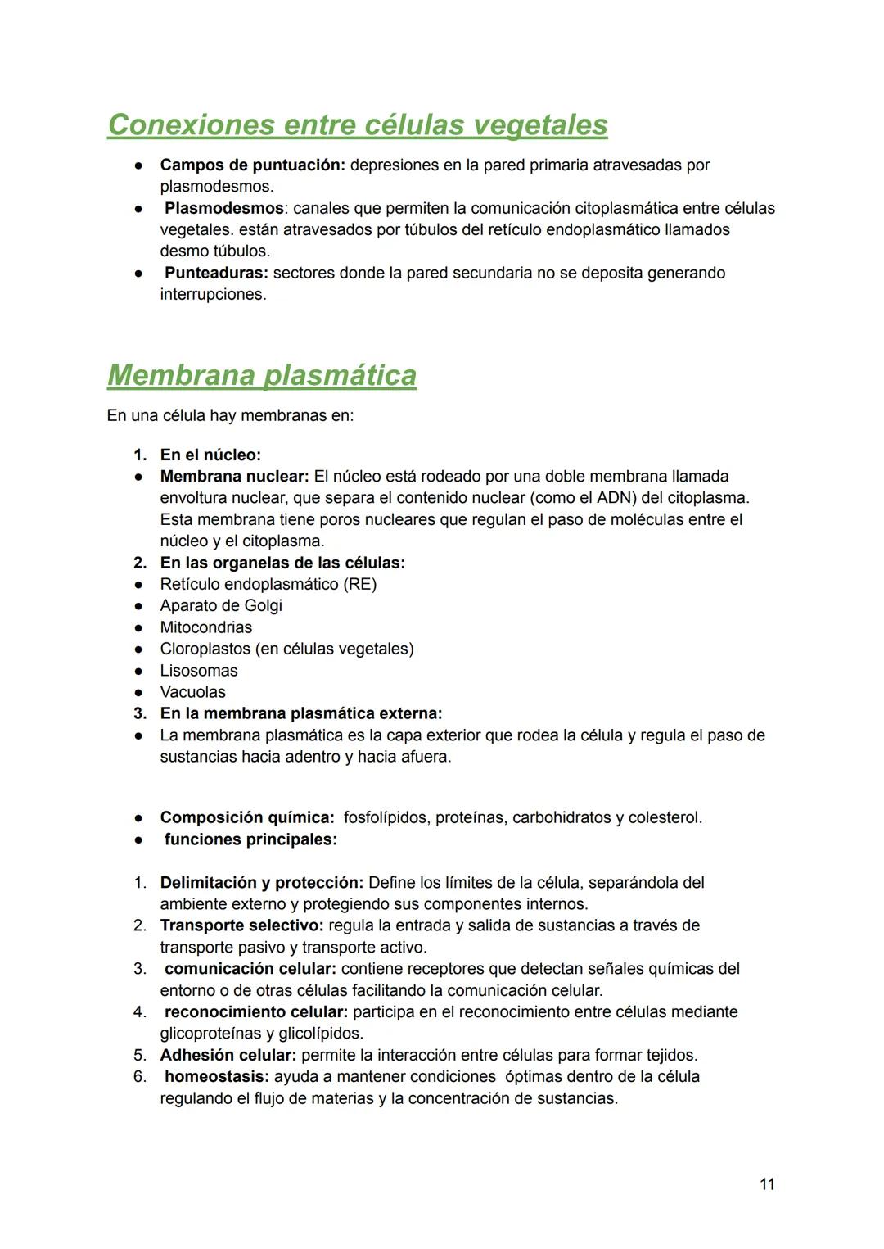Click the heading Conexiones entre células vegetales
(357, 124)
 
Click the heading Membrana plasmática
(261, 375)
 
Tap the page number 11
(767, 1184)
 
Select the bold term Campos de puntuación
(252, 165)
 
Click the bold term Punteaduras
(216, 273)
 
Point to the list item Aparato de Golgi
(221, 605)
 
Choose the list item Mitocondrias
(206, 627)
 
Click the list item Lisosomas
(199, 670)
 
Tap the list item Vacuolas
(192, 692)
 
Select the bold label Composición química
(246, 817)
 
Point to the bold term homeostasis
(216, 1076)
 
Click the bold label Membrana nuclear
(234, 476)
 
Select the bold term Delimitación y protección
(261, 883)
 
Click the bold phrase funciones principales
(250, 839)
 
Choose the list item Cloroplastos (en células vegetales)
(286, 649)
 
